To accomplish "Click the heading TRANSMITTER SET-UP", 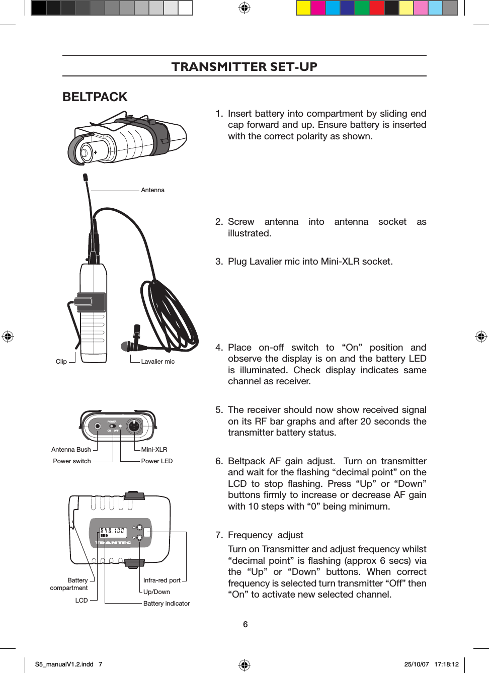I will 244,66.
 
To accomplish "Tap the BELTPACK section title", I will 95,97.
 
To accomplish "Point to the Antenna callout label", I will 152,190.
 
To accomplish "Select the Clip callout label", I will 61,362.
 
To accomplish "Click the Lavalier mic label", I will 157,362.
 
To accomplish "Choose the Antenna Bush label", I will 71,450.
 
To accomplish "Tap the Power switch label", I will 72,461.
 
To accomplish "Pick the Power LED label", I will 156,461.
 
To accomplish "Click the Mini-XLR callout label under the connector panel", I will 154,450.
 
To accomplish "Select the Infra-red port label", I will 161,580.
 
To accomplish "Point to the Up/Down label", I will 156,592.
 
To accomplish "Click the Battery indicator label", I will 167,604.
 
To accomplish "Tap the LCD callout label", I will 81,601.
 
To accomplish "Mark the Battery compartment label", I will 69,584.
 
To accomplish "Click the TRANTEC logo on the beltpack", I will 113,543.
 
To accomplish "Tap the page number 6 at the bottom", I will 245,624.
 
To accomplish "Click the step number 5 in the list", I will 219,410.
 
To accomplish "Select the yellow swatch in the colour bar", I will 303,8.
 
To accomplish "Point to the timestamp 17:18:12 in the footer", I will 446,664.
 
